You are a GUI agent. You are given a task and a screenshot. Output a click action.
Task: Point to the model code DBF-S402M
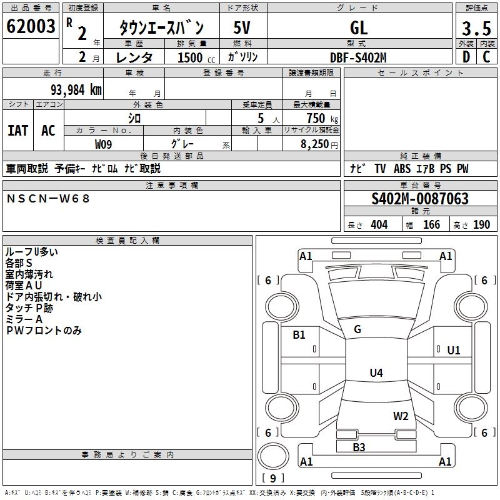[x=358, y=57]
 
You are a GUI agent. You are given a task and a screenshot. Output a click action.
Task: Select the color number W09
[x=104, y=144]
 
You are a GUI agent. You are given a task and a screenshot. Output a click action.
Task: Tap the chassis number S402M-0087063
[x=420, y=199]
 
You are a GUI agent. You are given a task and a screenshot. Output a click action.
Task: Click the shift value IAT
[x=17, y=131]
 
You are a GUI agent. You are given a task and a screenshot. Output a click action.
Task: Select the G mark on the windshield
[x=357, y=329]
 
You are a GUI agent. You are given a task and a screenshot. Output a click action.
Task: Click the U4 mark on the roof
[x=376, y=373]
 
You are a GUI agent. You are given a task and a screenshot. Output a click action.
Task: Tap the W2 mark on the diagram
[x=401, y=416]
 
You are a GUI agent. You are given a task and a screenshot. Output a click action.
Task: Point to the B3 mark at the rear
[x=359, y=447]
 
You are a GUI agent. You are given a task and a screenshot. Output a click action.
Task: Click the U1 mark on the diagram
[x=454, y=350]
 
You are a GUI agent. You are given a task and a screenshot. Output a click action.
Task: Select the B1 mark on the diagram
[x=299, y=334]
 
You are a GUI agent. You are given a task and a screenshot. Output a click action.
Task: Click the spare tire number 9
[x=272, y=478]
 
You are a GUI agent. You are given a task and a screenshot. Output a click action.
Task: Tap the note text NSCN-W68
[x=49, y=198]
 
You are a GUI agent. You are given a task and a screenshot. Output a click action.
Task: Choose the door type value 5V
[x=242, y=27]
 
